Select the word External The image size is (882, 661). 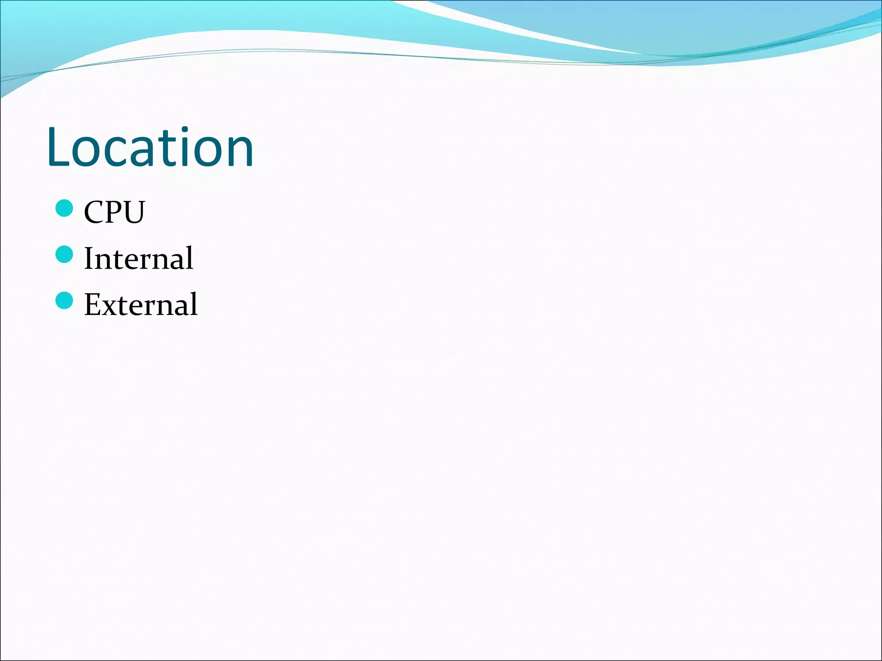pyautogui.click(x=141, y=304)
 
